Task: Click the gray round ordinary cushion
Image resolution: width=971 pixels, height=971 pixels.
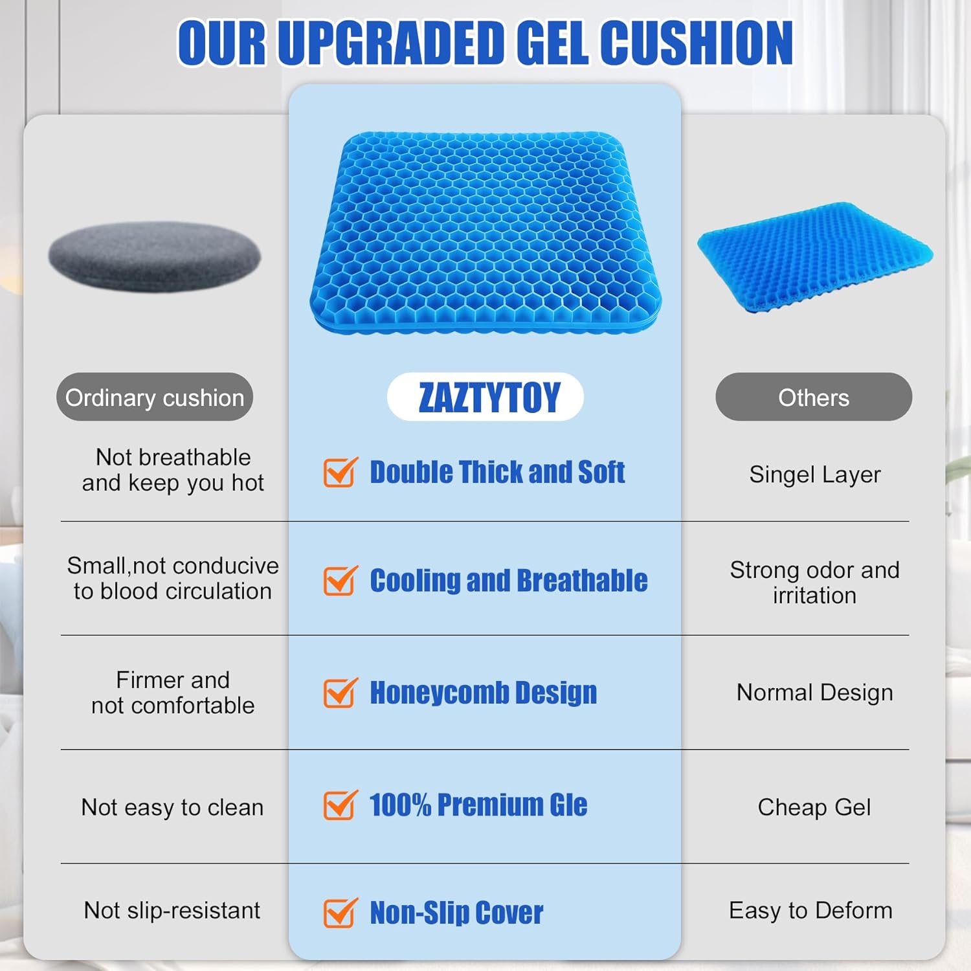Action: coord(155,257)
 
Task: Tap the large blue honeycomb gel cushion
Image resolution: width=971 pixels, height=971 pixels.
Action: coord(485,233)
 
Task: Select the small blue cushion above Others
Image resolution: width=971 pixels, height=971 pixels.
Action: coord(814,258)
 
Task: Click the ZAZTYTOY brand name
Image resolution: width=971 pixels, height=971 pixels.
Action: coord(489,397)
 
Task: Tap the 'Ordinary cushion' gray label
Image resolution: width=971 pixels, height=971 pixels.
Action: coord(155,397)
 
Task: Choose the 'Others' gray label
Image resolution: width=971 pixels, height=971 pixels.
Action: coord(814,397)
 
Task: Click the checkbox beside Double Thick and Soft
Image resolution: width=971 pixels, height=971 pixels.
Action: coord(340,472)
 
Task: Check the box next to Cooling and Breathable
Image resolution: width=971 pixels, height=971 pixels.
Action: coord(340,580)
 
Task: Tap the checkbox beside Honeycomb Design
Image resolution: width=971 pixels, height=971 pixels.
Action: coord(340,693)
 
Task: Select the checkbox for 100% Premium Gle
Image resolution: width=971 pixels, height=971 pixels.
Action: coord(340,805)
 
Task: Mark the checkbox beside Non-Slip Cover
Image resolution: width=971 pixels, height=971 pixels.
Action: coord(340,912)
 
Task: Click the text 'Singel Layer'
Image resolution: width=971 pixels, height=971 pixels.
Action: coord(815,475)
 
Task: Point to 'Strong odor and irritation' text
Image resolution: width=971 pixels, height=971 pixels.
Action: coord(815,583)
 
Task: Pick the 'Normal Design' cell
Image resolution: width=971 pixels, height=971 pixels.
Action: coord(815,693)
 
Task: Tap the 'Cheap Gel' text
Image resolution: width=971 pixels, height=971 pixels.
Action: coord(814,807)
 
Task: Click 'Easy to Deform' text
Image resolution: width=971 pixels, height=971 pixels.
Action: coord(811,911)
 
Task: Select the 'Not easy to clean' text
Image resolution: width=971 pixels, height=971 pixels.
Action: coord(173,807)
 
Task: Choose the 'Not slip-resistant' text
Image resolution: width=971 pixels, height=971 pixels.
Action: coord(172,911)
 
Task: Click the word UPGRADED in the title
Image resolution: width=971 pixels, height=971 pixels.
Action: coord(395,43)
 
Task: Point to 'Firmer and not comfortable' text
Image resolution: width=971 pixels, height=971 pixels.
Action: coord(173,693)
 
